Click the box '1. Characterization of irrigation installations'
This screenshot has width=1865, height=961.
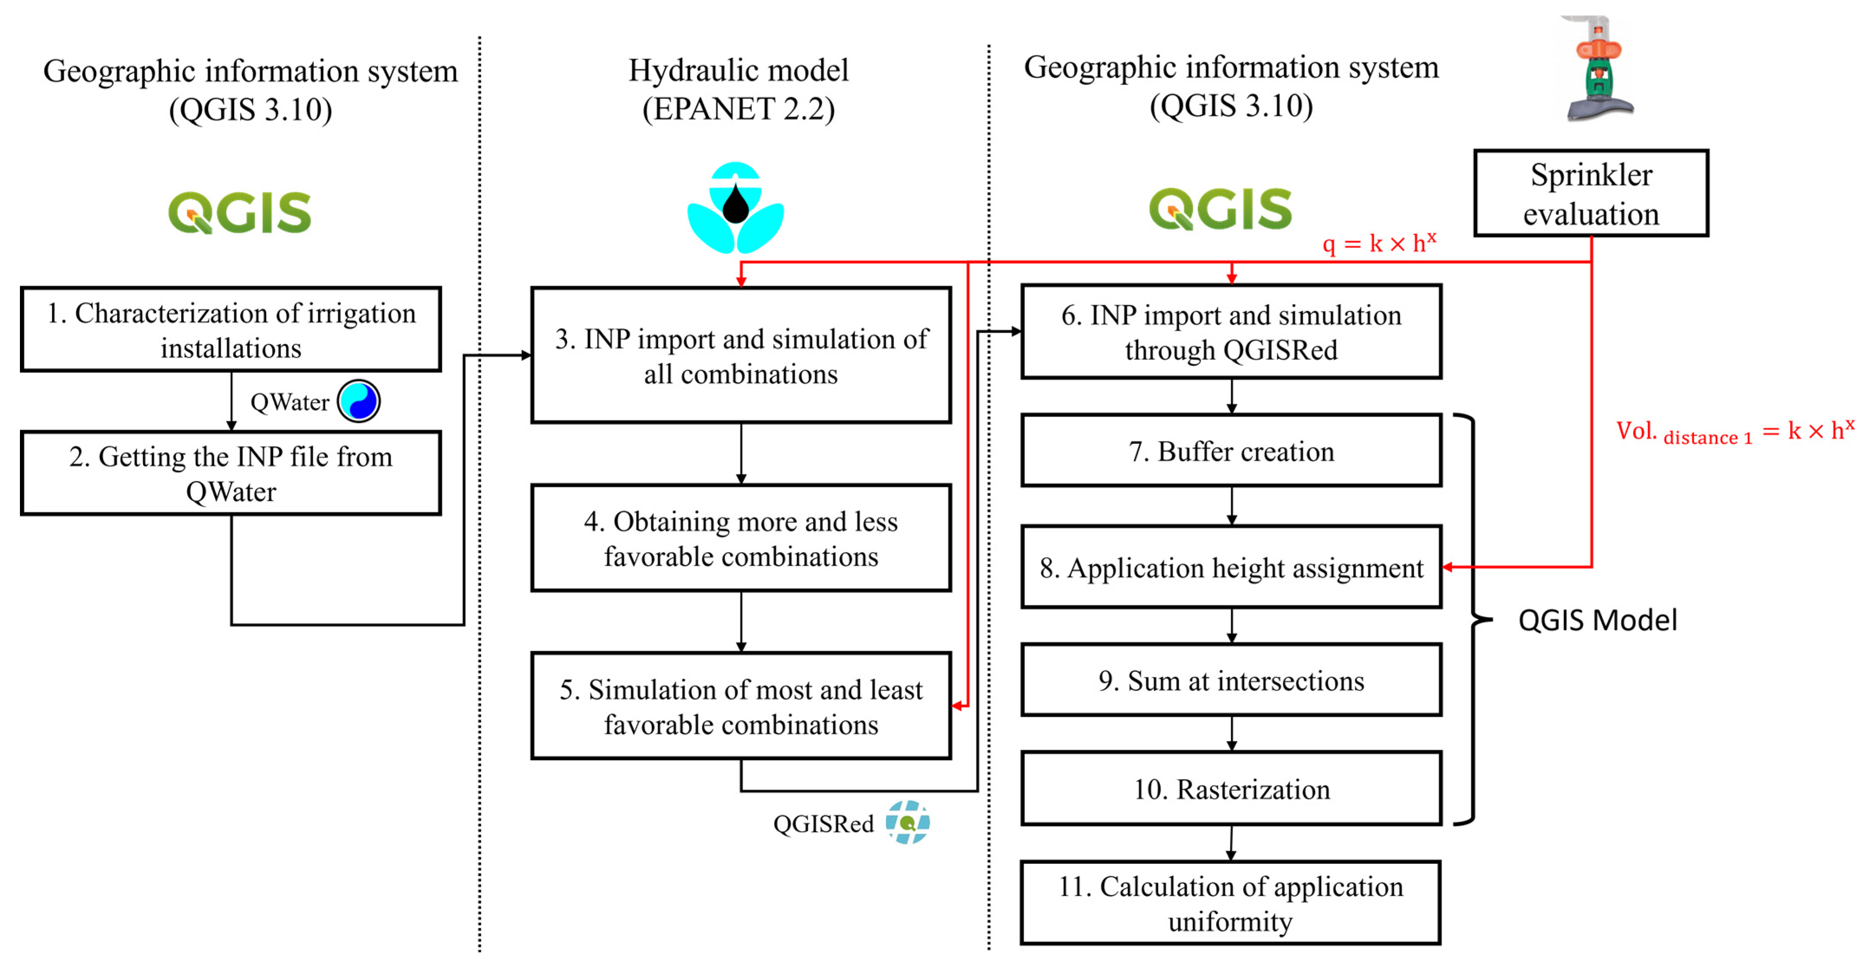231,329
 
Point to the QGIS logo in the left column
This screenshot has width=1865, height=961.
240,212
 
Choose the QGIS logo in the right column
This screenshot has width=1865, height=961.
1220,208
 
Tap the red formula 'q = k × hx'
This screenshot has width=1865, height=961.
1378,243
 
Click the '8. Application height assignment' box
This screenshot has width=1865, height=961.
1231,567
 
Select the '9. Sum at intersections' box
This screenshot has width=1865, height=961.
1231,680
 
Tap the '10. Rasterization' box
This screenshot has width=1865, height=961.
1231,788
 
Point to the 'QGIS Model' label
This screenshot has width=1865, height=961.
1597,620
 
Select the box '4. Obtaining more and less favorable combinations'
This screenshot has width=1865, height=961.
741,538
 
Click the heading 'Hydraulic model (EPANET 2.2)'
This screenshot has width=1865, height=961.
739,89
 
